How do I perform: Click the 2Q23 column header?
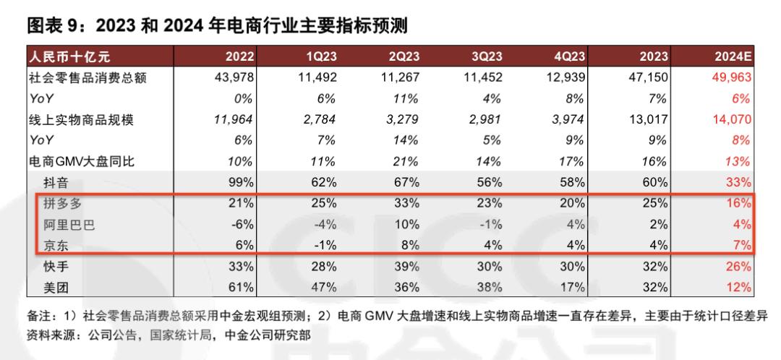(x=405, y=57)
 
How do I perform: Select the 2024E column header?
(x=733, y=57)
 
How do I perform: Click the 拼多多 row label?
(x=61, y=204)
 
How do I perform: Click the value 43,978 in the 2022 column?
(x=234, y=77)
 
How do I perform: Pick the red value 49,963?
(x=731, y=77)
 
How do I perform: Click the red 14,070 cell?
(x=731, y=119)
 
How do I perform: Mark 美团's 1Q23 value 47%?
(x=325, y=288)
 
